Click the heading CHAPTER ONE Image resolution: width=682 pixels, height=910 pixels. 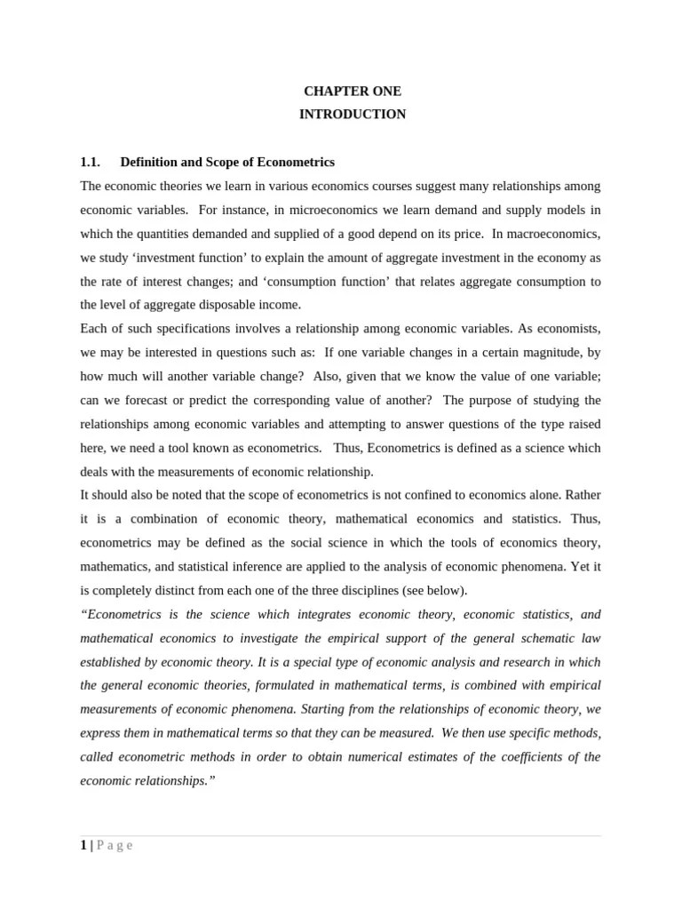click(x=353, y=91)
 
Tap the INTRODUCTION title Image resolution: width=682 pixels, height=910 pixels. click(x=353, y=114)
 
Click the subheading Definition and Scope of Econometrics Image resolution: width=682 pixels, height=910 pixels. click(x=227, y=162)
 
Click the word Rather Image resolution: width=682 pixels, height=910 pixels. click(x=583, y=495)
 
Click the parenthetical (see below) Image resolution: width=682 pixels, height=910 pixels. click(x=435, y=590)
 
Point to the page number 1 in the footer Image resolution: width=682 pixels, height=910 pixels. click(x=83, y=845)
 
